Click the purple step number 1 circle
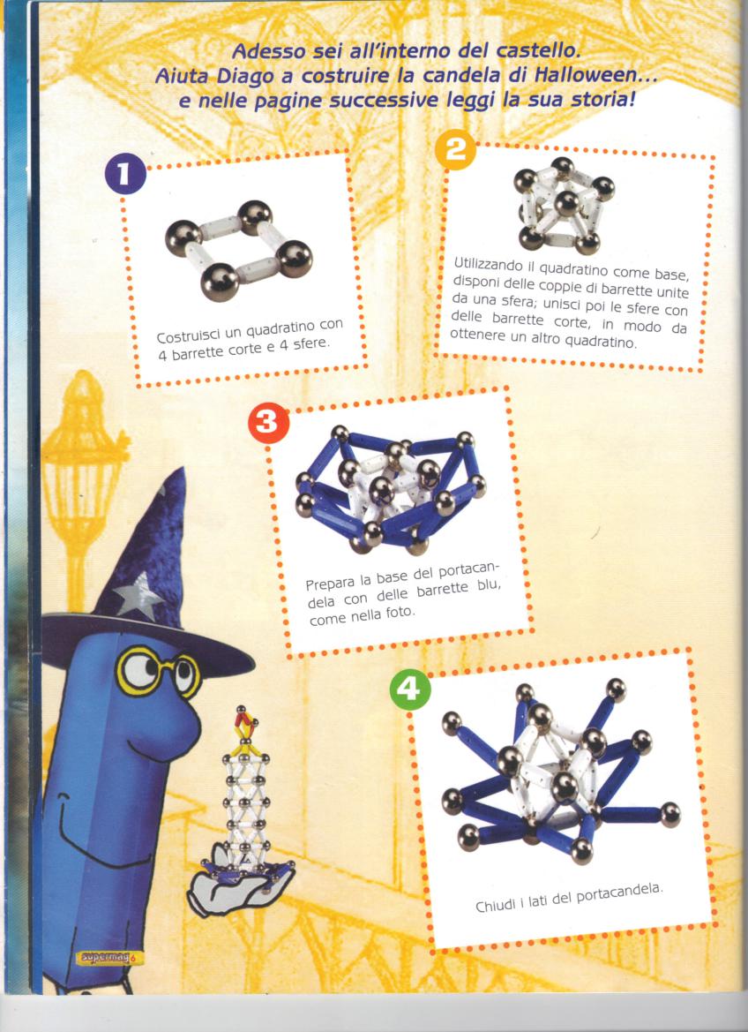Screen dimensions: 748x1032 125,174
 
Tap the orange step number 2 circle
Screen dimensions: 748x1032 455,150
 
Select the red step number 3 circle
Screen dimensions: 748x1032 268,423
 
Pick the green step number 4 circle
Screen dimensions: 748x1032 410,689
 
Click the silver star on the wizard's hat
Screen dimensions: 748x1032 138,596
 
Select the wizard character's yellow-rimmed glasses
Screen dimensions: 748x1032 158,671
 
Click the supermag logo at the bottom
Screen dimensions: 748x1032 109,957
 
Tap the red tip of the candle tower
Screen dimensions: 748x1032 245,723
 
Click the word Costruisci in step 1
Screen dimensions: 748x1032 188,334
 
